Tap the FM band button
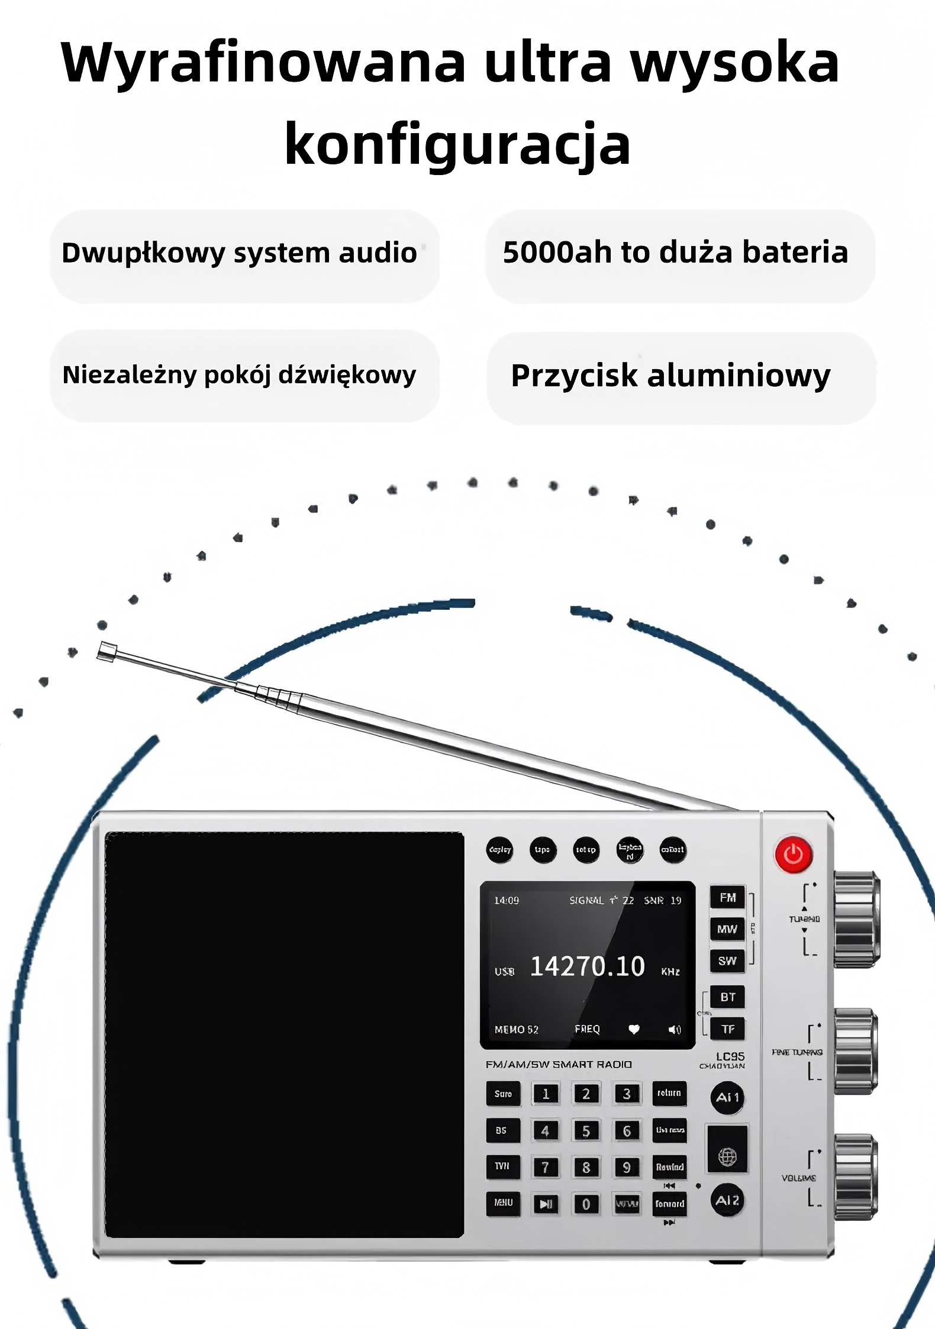click(x=727, y=897)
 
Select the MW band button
click(x=727, y=929)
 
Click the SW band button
click(x=727, y=961)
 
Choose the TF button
click(x=727, y=1029)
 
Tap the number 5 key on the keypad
click(x=586, y=1131)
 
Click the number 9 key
click(x=626, y=1167)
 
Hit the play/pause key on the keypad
click(x=546, y=1204)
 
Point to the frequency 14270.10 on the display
click(x=587, y=966)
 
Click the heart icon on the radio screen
click(x=634, y=1030)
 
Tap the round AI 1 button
click(x=727, y=1097)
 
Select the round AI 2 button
click(x=727, y=1200)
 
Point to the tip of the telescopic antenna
click(x=106, y=651)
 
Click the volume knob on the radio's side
click(x=856, y=1177)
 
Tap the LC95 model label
click(x=730, y=1056)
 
